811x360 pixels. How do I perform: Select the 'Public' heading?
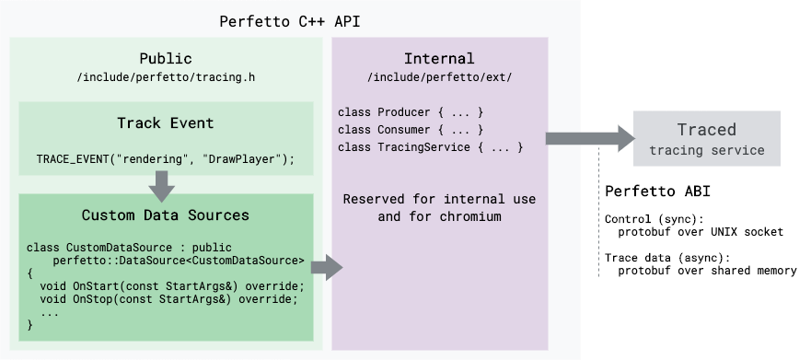pos(166,59)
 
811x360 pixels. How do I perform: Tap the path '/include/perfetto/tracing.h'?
pos(166,77)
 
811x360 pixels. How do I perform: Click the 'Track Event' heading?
pos(166,123)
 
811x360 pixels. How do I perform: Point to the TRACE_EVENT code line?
pos(166,159)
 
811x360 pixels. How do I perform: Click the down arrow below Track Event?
pos(162,187)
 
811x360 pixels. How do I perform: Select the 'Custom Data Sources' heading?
pos(166,215)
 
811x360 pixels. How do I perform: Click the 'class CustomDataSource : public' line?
pos(130,248)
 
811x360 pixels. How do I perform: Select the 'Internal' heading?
pos(439,59)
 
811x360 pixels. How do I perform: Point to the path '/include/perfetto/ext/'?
pos(439,77)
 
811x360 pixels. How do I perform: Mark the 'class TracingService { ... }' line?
pos(431,147)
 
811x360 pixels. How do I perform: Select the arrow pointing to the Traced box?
pos(589,138)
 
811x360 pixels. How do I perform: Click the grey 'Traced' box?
pos(707,138)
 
